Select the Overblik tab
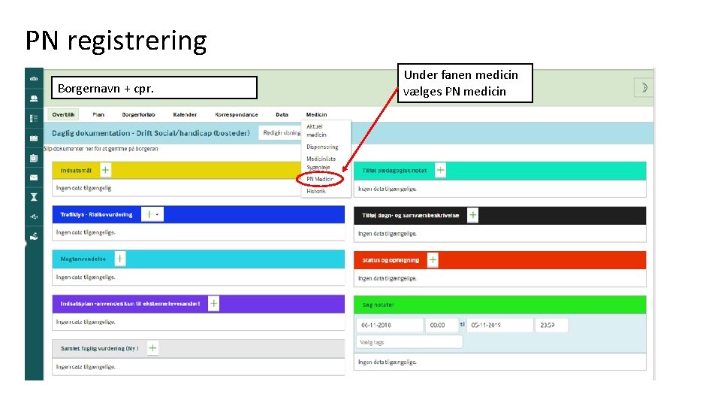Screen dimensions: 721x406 tap(64, 115)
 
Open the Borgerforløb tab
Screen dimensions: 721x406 tap(138, 115)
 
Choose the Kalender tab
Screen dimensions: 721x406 tap(185, 115)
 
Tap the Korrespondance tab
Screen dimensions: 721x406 tap(236, 115)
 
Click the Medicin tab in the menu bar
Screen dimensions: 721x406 tap(316, 115)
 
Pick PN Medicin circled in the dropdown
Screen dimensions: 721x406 tap(320, 179)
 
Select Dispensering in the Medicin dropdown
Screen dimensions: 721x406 tap(322, 147)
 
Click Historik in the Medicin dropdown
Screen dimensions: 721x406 tap(316, 191)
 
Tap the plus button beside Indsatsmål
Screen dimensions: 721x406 tap(105, 171)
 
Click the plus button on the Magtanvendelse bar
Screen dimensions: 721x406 tap(120, 259)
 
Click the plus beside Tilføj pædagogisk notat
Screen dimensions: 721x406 tap(440, 171)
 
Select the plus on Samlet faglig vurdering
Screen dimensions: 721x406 tap(152, 348)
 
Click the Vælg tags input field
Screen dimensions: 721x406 tap(409, 342)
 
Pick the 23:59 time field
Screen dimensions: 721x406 tap(551, 326)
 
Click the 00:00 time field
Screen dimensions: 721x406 tap(441, 326)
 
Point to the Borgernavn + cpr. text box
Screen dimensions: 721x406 tap(153, 88)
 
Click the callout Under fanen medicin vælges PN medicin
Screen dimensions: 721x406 tap(467, 83)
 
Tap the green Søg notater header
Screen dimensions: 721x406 tap(499, 304)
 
